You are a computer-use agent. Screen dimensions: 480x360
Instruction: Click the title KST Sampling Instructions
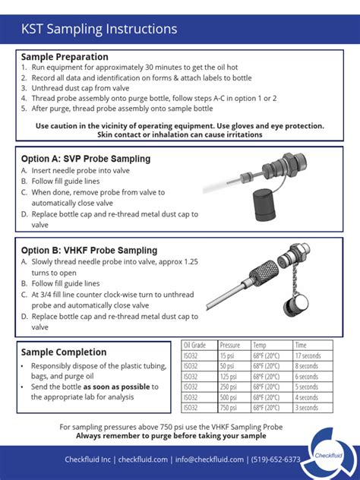[x=99, y=30]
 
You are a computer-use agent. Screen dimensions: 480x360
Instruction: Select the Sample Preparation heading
[x=65, y=57]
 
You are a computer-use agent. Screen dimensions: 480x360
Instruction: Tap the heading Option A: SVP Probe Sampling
[x=86, y=159]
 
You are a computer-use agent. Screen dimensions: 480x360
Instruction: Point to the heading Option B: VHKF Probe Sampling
[x=90, y=250]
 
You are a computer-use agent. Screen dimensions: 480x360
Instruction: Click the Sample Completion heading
[x=64, y=352]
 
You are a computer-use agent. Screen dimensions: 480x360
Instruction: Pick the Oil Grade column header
[x=195, y=345]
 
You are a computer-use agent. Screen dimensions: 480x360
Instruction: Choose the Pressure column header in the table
[x=229, y=345]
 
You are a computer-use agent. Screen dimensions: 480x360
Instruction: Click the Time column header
[x=302, y=345]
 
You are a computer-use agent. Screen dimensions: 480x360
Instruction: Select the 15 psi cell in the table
[x=227, y=355]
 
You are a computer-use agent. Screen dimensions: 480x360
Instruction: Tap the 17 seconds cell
[x=308, y=355]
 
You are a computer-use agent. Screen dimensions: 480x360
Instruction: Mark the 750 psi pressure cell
[x=229, y=408]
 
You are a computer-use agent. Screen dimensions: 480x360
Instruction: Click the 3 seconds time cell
[x=306, y=408]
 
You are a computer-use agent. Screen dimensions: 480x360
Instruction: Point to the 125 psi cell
[x=229, y=377]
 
